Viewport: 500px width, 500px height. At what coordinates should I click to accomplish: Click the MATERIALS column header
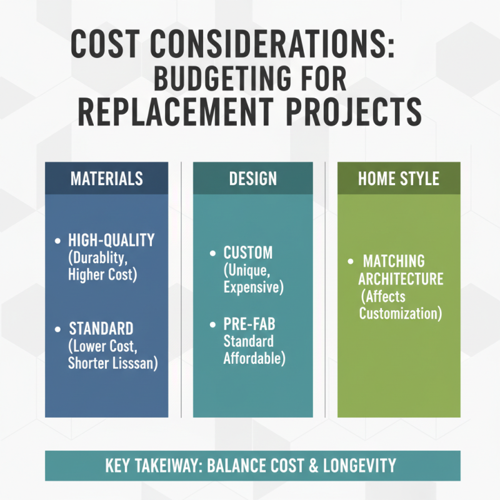(x=106, y=178)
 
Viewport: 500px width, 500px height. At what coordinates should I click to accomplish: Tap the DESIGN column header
(x=252, y=178)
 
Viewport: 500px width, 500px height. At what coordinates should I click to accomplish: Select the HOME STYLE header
(x=398, y=178)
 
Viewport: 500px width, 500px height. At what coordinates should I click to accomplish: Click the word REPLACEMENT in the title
(x=172, y=114)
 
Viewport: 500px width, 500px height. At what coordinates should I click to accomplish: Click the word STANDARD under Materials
(x=101, y=329)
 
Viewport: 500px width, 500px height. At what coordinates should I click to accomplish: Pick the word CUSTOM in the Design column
(x=248, y=254)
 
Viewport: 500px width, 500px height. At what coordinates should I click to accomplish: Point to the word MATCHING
(x=394, y=261)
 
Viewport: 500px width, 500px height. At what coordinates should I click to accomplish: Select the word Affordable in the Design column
(x=253, y=359)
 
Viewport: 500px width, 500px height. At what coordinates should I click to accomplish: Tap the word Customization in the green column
(x=401, y=312)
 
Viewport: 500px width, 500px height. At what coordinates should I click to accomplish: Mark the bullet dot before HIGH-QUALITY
(x=58, y=241)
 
